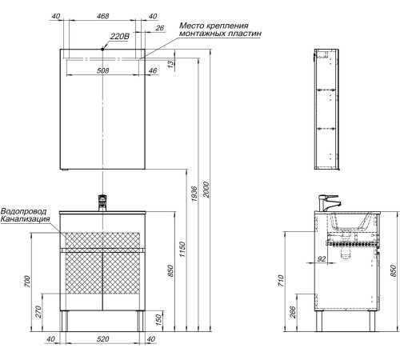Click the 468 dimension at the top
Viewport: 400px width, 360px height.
(102, 16)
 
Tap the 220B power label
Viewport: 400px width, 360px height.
(119, 36)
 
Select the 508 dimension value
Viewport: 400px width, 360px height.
(102, 70)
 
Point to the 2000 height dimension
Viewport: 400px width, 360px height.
(206, 190)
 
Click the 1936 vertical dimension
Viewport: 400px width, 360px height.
(194, 194)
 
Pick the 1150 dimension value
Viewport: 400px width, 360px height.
(182, 249)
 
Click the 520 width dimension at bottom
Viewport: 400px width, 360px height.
(102, 339)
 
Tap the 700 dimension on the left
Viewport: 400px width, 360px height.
(27, 282)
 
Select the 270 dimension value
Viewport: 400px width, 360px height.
(38, 311)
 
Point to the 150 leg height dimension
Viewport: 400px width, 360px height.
(158, 320)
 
